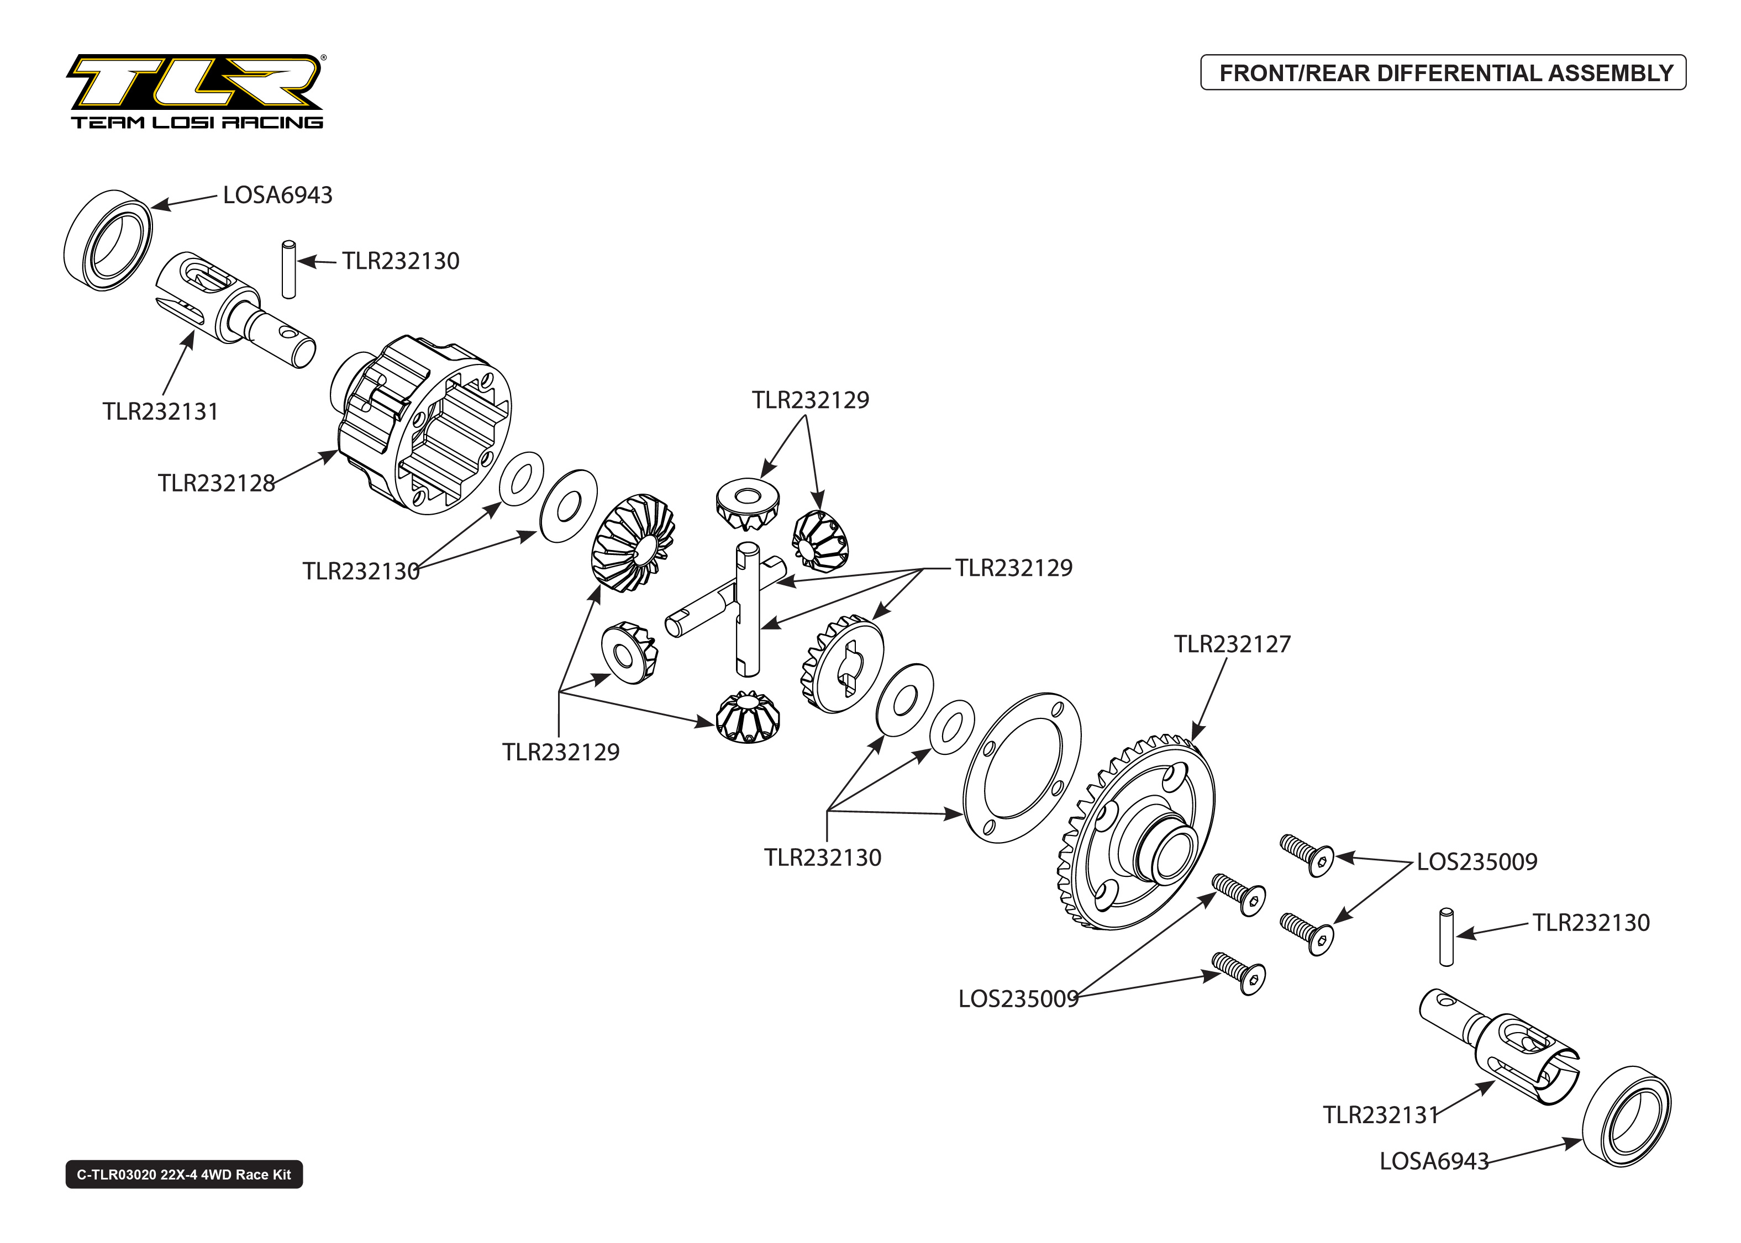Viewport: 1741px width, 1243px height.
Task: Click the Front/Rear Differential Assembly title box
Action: tap(1443, 73)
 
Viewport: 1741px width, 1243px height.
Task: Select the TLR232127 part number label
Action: tap(1232, 644)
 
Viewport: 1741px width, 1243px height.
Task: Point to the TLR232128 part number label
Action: tap(216, 483)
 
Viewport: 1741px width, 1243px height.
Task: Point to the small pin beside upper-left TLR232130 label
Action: tap(288, 269)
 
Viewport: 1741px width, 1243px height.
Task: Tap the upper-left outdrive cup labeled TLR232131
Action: tap(230, 306)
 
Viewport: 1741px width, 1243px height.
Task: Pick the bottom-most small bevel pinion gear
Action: tap(747, 718)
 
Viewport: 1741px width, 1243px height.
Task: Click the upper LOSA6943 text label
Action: tap(277, 195)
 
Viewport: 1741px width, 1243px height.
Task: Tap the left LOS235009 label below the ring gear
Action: tap(1018, 999)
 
